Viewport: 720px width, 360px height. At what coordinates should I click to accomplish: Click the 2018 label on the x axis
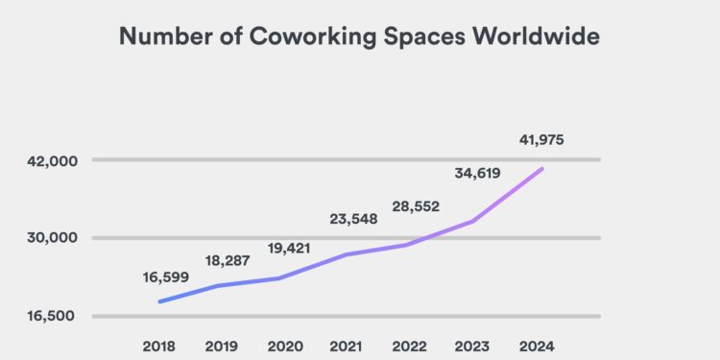160,346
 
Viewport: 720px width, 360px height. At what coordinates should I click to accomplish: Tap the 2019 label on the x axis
223,346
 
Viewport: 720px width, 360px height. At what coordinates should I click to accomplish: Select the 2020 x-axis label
285,346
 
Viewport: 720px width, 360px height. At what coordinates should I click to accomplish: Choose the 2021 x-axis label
348,346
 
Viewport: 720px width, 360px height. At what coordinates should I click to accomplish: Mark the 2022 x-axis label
410,346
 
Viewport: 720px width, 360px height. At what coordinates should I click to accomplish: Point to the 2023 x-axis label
473,346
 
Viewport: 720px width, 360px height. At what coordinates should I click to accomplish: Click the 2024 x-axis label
536,346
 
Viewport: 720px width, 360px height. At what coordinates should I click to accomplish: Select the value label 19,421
290,247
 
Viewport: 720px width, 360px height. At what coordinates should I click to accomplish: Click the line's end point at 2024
543,169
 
